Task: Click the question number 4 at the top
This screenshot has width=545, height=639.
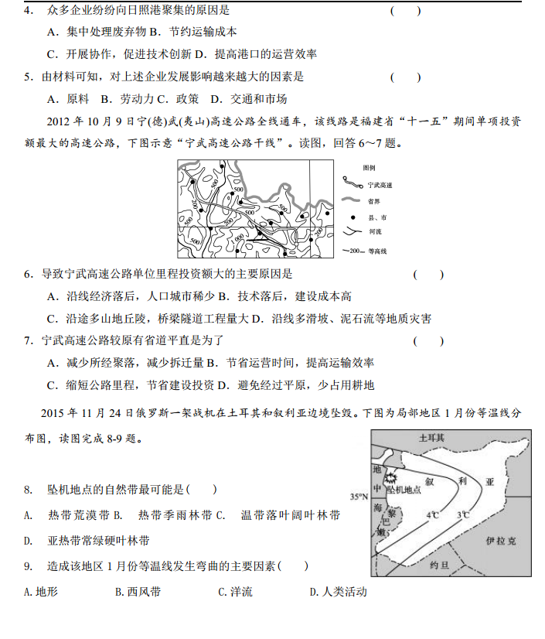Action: click(x=28, y=11)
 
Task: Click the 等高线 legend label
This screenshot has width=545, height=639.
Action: click(x=378, y=251)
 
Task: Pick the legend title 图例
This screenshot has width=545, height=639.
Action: click(x=369, y=168)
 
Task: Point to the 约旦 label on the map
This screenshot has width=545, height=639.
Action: click(x=438, y=566)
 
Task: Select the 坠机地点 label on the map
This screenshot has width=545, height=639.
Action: click(x=404, y=490)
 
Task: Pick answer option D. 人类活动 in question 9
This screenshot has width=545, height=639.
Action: click(x=338, y=593)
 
